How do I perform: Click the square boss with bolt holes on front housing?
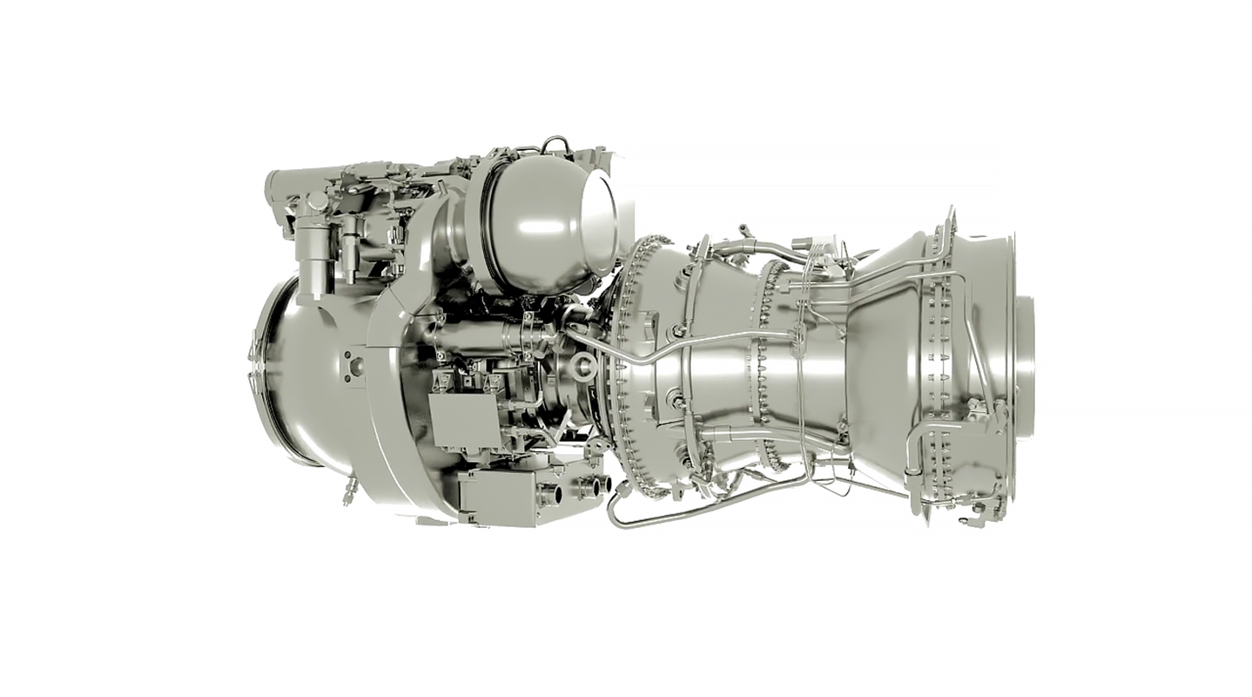(x=356, y=365)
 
